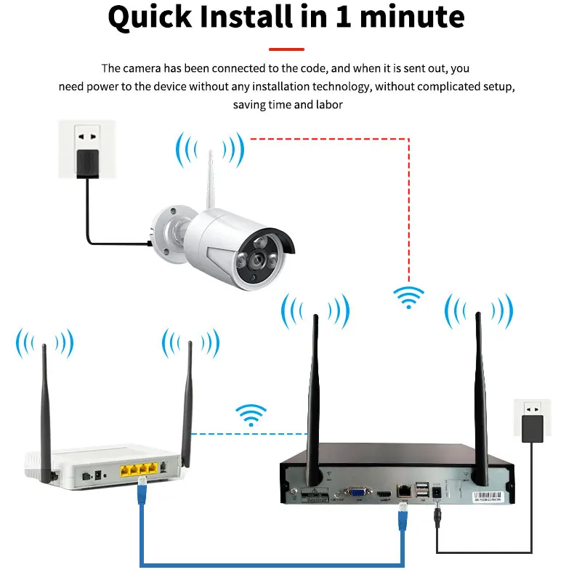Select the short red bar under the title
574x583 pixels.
[x=286, y=49]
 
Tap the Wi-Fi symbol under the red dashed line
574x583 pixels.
[x=408, y=297]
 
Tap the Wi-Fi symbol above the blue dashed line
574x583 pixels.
[x=251, y=416]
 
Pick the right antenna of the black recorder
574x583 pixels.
[x=480, y=393]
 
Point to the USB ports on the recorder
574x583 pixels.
[x=422, y=492]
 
